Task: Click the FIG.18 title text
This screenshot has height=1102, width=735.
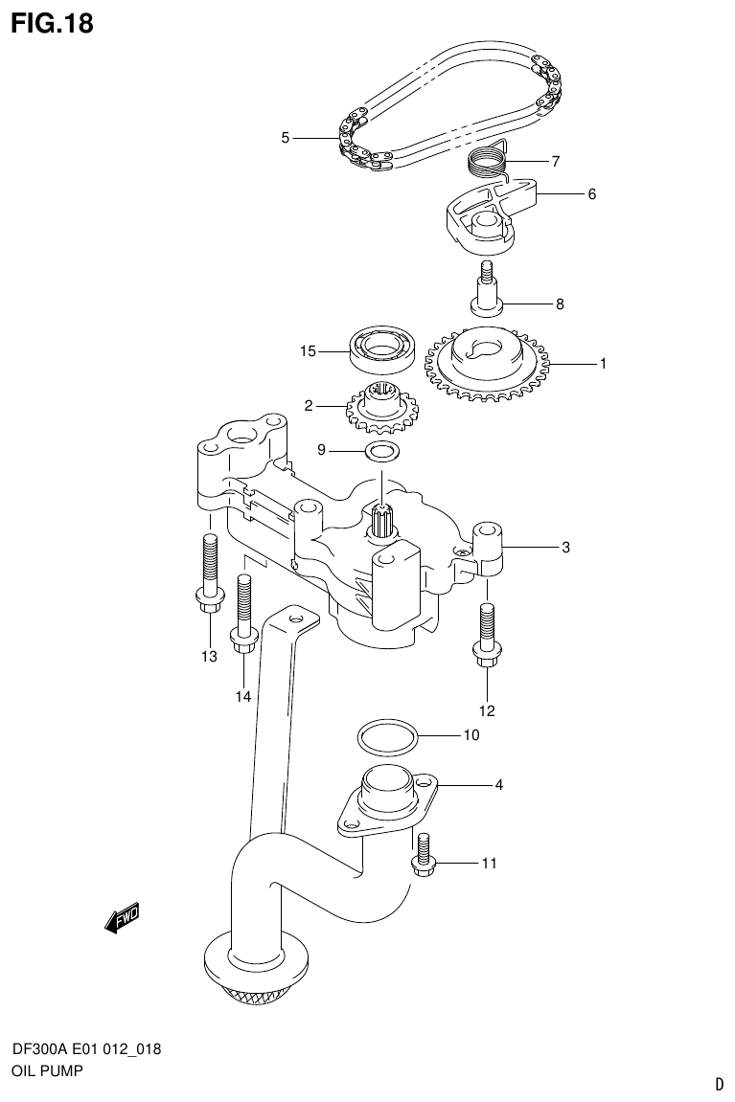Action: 53,24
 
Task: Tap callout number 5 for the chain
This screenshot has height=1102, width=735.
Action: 285,138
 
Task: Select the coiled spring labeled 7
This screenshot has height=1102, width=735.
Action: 489,158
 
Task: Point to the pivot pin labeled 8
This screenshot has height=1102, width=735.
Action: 488,290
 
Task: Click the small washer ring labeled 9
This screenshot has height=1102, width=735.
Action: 381,450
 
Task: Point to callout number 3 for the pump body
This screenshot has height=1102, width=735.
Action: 566,548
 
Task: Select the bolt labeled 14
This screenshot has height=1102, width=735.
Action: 243,614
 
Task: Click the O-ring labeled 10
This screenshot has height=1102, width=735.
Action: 388,737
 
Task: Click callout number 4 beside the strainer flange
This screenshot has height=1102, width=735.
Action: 498,785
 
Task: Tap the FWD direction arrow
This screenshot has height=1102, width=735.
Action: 122,919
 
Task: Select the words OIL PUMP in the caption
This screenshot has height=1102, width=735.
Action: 46,1071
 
